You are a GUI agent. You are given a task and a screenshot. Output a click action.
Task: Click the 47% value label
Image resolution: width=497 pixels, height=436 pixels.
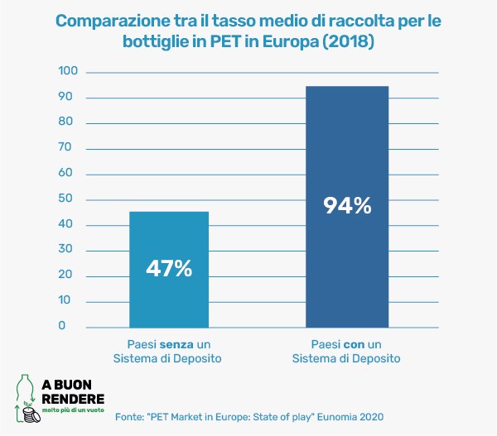pyautogui.click(x=169, y=269)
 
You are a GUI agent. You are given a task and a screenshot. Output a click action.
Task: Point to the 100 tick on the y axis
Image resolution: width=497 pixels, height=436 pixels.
pyautogui.click(x=67, y=72)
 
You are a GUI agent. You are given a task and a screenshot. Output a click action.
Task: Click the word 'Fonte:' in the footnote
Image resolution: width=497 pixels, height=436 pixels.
pyautogui.click(x=130, y=416)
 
